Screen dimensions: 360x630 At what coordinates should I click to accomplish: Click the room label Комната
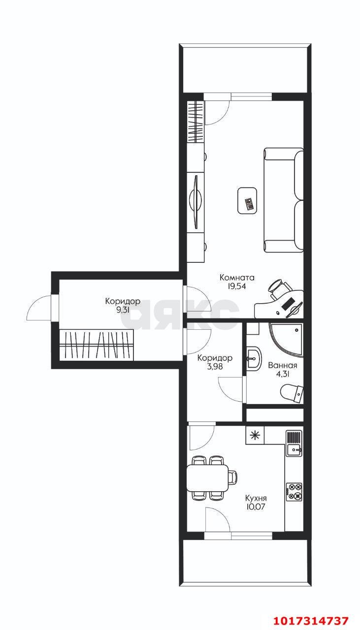237,278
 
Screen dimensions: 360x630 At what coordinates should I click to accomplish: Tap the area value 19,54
237,286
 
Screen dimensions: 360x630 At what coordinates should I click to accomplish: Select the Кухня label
256,499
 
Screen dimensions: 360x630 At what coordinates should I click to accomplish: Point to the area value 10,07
256,507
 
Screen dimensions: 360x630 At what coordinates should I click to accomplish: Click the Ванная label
283,366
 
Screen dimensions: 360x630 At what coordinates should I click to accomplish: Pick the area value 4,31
283,374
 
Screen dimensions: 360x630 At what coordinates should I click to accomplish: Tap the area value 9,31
123,310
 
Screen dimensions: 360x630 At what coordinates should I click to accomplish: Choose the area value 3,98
215,367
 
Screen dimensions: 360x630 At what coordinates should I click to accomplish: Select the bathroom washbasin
254,359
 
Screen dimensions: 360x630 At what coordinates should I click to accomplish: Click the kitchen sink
294,450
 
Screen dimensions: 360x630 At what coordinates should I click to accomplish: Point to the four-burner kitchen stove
294,492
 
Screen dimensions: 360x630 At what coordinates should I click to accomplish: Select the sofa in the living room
284,200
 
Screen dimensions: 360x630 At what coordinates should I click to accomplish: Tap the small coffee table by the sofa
247,200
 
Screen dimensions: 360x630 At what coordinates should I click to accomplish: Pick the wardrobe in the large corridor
96,345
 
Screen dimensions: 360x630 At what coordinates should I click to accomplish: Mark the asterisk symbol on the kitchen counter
255,436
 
